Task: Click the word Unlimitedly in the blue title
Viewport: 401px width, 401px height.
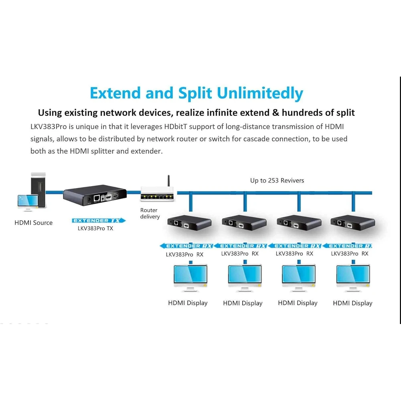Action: click(260, 93)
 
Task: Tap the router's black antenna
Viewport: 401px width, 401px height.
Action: click(168, 181)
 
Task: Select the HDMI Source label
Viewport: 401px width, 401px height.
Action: click(34, 223)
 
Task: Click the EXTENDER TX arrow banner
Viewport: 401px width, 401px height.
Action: click(99, 221)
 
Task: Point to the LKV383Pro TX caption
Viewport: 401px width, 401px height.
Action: click(95, 229)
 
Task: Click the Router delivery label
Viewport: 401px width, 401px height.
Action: click(150, 213)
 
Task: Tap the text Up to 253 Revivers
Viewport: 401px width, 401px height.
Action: click(277, 180)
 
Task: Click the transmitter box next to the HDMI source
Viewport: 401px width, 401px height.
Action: click(95, 195)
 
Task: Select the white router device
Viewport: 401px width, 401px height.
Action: click(157, 194)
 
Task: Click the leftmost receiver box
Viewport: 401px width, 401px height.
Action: click(190, 223)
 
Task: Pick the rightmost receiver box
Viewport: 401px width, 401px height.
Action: click(352, 223)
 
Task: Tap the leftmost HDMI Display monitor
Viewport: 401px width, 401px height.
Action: click(190, 278)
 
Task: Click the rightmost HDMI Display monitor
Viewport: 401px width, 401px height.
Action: click(353, 278)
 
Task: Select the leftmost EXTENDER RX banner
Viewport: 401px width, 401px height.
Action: click(186, 246)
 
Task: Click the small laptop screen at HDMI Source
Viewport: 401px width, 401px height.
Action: click(28, 201)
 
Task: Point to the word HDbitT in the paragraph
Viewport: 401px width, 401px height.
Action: click(176, 127)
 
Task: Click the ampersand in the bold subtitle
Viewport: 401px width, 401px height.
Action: click(275, 113)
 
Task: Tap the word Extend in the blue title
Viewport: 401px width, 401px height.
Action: click(115, 93)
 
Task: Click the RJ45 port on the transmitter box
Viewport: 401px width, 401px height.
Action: click(97, 198)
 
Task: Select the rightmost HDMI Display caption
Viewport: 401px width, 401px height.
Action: click(352, 303)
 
